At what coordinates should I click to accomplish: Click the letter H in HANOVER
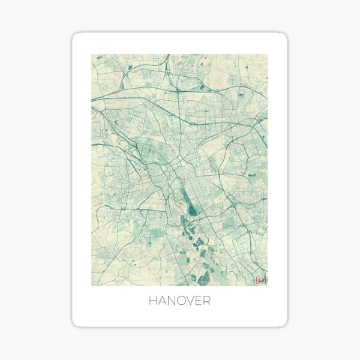[152, 301]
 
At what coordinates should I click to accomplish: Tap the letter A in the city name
[161, 301]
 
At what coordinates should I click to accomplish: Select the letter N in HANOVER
[170, 301]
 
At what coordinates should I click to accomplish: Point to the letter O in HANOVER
[180, 301]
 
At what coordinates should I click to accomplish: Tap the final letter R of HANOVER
[206, 301]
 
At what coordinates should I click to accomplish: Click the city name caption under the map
[179, 301]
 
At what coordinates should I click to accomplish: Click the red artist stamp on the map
[260, 280]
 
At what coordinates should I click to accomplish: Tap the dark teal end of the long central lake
[192, 210]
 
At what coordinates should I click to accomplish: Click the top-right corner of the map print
[268, 55]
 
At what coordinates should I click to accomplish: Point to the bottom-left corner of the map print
[92, 285]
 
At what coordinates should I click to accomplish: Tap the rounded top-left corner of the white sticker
[75, 36]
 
